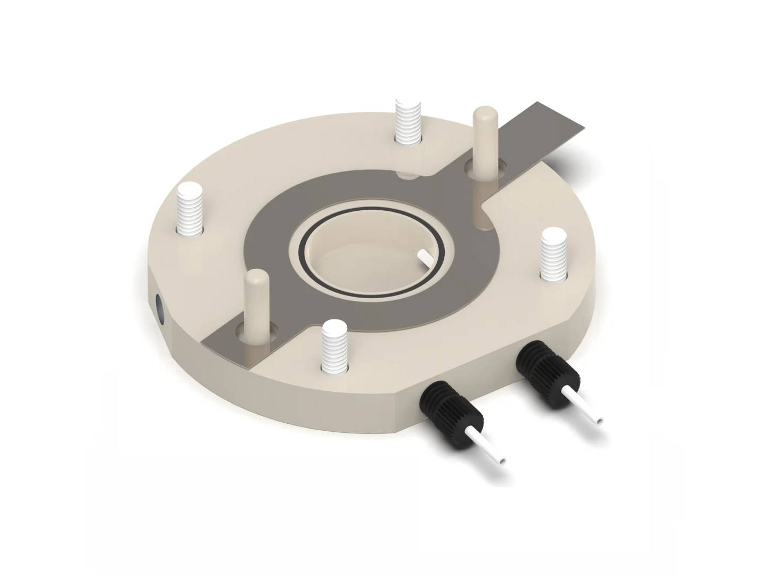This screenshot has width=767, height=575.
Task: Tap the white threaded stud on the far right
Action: pos(554,254)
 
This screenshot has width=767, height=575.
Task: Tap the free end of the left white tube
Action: pos(503,458)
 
